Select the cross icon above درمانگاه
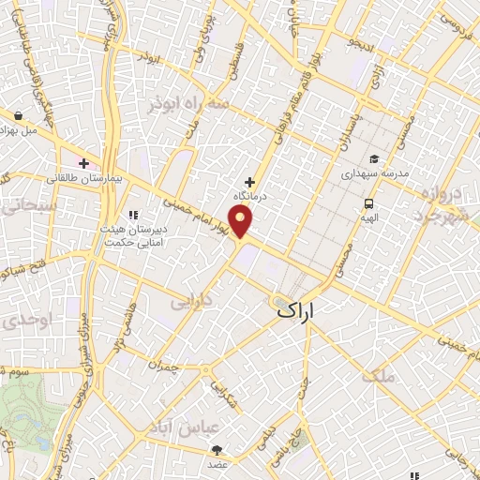249,182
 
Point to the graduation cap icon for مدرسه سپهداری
374,158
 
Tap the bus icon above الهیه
368,203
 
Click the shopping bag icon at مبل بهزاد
19,116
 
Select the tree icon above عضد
218,451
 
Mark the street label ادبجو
358,43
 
